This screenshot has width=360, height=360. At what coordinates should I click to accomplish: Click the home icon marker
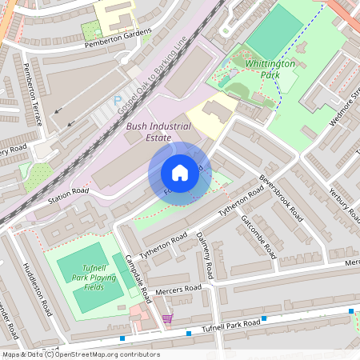[180, 173]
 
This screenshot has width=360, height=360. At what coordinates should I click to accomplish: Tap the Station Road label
[68, 192]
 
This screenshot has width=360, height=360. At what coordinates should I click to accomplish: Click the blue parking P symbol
[118, 100]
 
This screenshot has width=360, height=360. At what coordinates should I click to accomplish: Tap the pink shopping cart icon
[167, 318]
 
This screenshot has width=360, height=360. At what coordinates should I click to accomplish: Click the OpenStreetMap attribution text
[80, 354]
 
